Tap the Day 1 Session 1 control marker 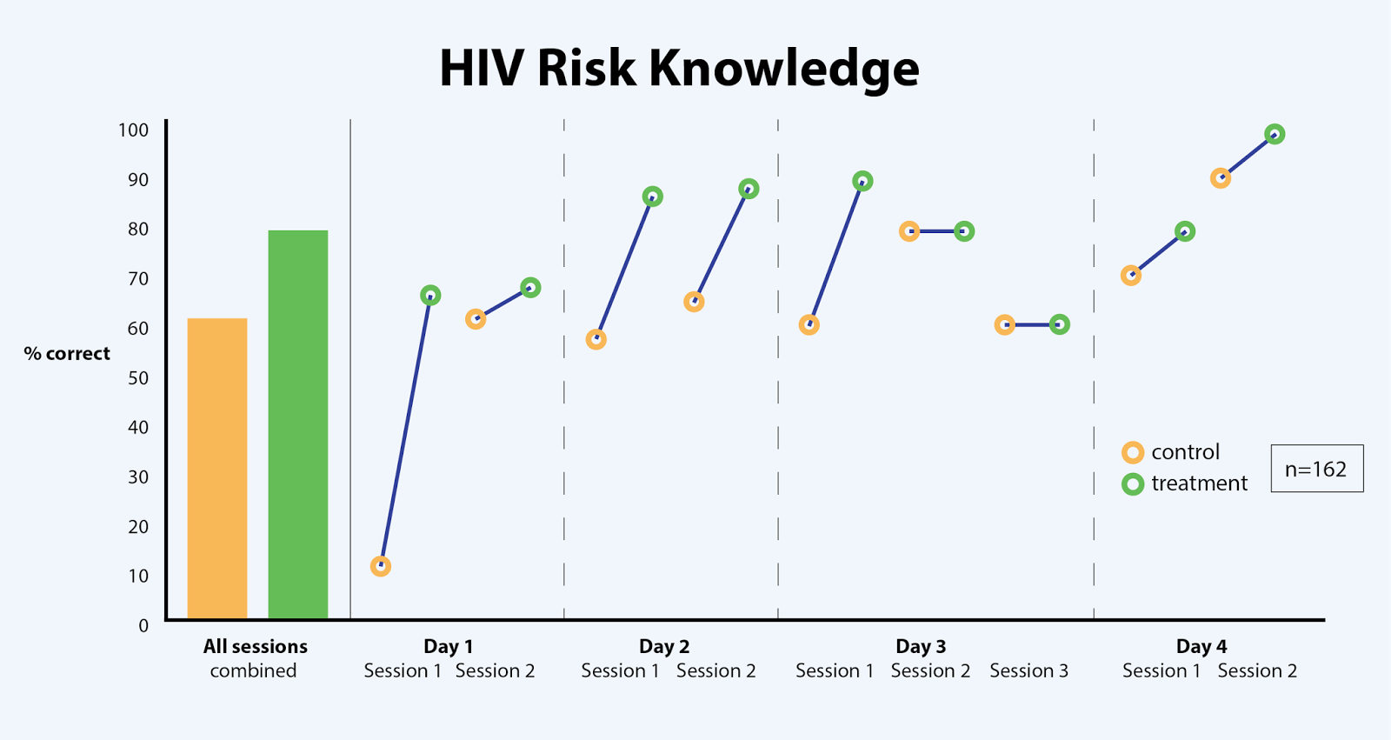(380, 566)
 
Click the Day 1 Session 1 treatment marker (430, 296)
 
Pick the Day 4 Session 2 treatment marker (1275, 134)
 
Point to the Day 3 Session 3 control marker (1004, 324)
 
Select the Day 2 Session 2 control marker (694, 302)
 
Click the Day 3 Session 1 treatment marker (862, 181)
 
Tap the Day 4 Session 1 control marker (1131, 276)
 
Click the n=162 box (1316, 469)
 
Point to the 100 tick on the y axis (133, 130)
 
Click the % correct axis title (67, 354)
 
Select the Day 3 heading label (921, 646)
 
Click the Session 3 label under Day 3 (1028, 670)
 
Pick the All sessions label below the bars (255, 646)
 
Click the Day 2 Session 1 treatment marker (652, 197)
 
